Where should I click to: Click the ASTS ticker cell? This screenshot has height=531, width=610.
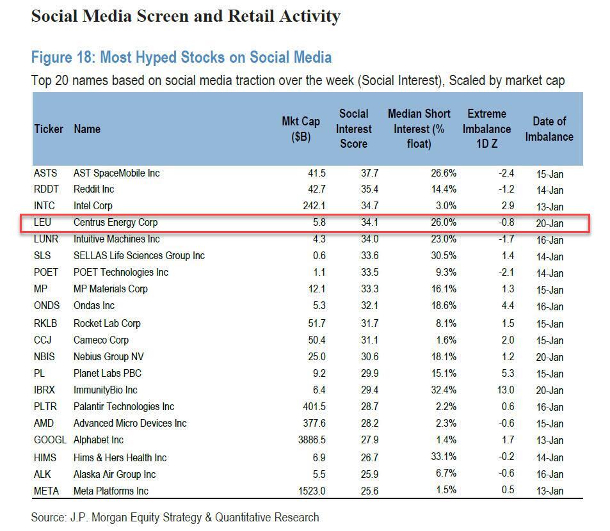pos(45,173)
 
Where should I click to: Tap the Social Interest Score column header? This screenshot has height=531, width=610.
pos(353,129)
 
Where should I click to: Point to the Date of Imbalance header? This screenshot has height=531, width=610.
pos(549,129)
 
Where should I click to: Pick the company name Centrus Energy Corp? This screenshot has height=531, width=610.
pos(115,223)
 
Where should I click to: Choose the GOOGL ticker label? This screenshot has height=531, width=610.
pos(50,440)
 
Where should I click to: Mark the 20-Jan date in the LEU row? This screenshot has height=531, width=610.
pos(550,223)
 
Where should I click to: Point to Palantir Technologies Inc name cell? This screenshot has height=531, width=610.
pos(124,406)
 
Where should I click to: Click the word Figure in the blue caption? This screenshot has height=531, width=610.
pos(52,58)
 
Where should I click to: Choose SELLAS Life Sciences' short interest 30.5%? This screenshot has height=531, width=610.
pos(440,256)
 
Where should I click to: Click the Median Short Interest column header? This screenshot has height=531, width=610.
pos(419,129)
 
